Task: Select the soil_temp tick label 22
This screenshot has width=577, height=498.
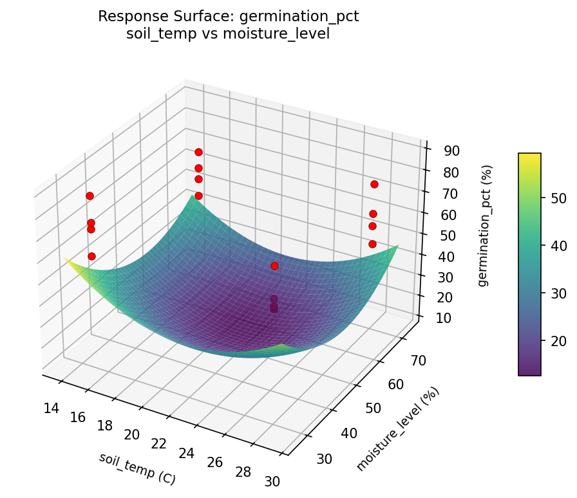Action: coord(159,444)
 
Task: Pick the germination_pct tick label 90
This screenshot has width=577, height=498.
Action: coord(451,151)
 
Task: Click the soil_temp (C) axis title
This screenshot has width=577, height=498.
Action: coord(137,468)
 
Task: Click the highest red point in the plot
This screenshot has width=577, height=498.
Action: coord(198,152)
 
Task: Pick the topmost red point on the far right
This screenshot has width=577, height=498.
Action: coord(374,185)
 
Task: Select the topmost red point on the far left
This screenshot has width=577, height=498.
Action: coord(90,196)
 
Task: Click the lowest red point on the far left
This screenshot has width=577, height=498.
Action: coord(92,256)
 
